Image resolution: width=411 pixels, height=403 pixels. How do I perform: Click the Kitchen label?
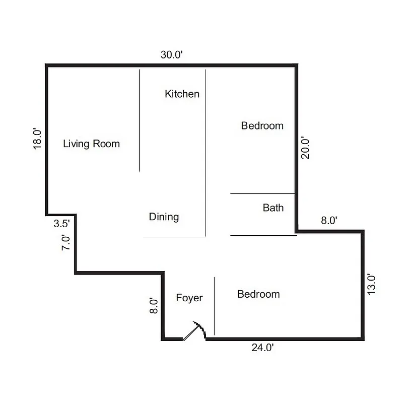click(182, 94)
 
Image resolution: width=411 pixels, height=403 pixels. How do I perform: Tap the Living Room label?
click(91, 144)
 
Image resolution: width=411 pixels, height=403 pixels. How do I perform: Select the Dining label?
click(164, 217)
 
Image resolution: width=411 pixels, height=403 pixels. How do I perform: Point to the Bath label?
click(273, 208)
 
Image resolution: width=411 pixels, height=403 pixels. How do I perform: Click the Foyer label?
click(189, 298)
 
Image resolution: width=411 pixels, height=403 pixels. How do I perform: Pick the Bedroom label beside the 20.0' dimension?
click(262, 126)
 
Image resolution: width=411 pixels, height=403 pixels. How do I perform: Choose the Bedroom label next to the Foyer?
click(258, 294)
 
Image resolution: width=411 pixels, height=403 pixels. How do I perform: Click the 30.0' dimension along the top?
click(171, 55)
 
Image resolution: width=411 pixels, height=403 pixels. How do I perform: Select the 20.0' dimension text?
click(306, 148)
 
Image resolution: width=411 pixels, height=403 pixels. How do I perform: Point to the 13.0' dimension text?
click(372, 284)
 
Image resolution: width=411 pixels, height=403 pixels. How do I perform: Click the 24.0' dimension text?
click(262, 348)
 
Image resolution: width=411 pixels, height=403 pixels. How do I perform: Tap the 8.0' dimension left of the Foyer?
click(154, 306)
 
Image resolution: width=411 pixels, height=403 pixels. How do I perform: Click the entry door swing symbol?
click(194, 331)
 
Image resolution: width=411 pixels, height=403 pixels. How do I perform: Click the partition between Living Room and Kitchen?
click(140, 121)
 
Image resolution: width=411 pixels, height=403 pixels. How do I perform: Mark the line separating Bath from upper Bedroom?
click(262, 193)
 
